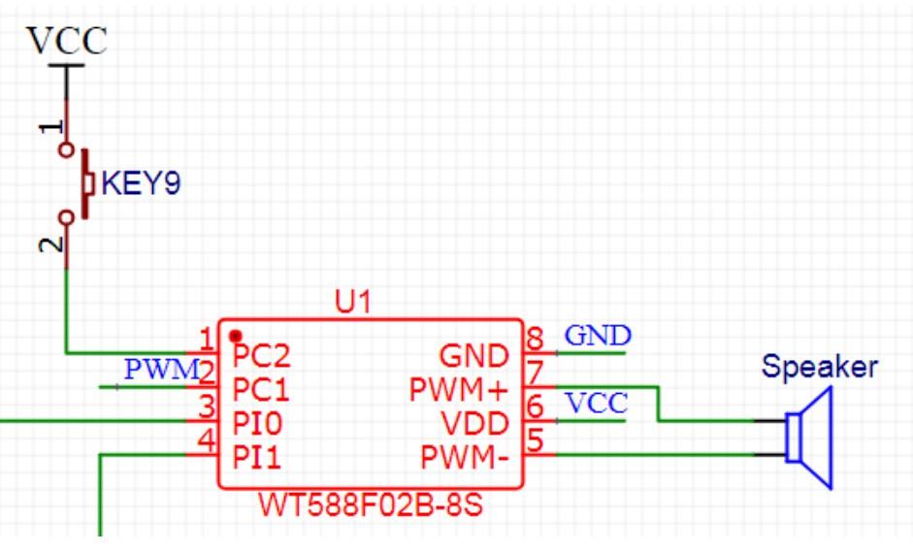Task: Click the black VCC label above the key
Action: pos(67,40)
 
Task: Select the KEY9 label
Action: pos(141,182)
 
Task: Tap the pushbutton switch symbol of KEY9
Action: pos(77,183)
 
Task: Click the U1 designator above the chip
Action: pos(353,302)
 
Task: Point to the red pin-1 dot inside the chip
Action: pos(235,336)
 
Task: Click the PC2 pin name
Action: pos(261,356)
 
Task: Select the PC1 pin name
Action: pos(261,390)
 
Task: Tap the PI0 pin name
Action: pos(257,423)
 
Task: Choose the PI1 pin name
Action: pos(257,457)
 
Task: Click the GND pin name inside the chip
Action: pos(474,356)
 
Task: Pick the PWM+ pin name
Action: pos(459,390)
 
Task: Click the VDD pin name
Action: pos(475,423)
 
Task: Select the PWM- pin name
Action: pos(465,457)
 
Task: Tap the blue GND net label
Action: pos(598,335)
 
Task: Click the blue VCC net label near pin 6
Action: pos(597,403)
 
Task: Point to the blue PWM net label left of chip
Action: pos(162,370)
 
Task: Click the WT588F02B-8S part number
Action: pos(371,504)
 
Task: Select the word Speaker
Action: pos(820,367)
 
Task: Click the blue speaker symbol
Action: pos(809,438)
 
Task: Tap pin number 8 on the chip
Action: pos(535,339)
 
